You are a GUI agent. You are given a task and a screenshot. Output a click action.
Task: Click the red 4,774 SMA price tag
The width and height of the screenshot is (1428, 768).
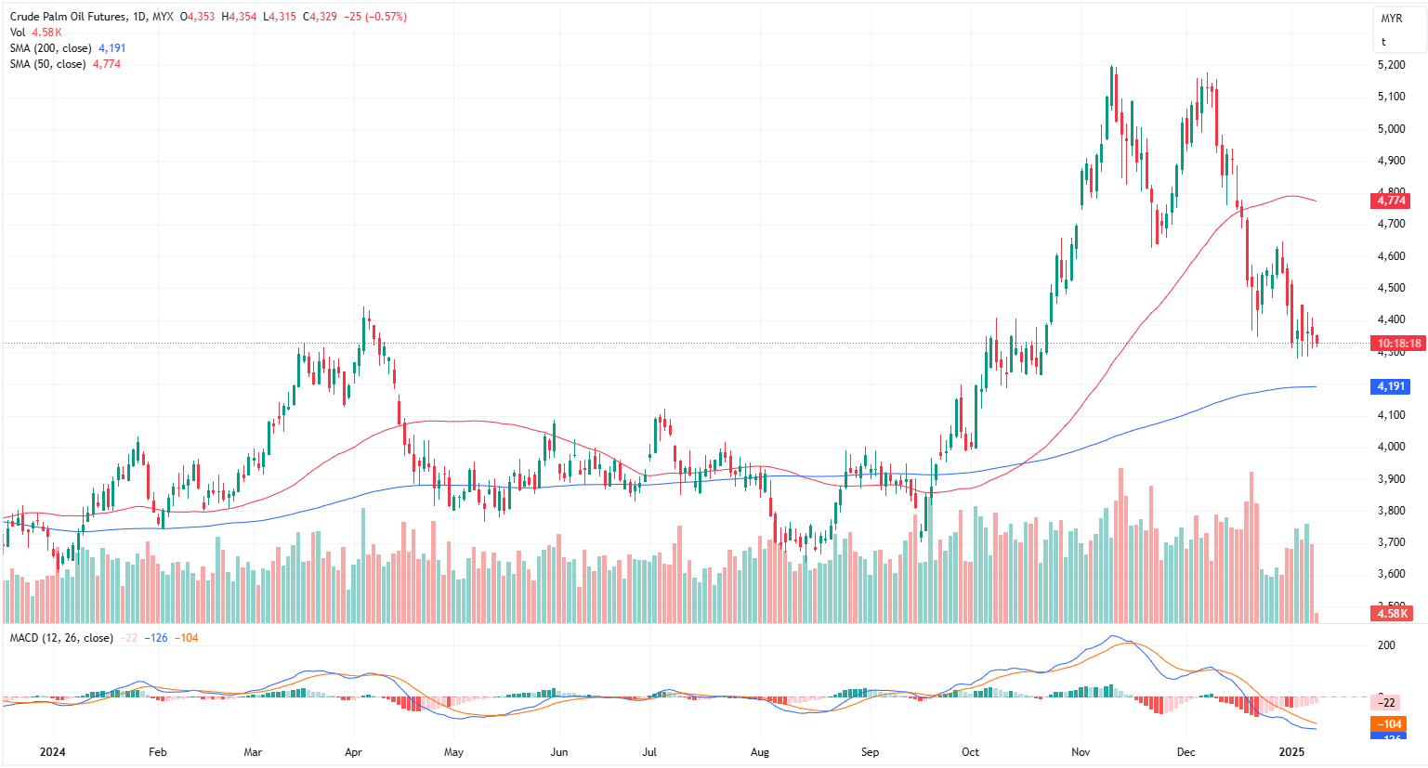click(x=1391, y=201)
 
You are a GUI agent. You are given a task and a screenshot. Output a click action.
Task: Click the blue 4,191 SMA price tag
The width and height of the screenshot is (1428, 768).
click(x=1391, y=386)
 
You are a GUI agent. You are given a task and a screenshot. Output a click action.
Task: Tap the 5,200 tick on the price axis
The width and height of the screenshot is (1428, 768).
click(x=1391, y=65)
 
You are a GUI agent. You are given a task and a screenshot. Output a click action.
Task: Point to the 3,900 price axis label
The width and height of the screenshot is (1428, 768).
click(x=1391, y=479)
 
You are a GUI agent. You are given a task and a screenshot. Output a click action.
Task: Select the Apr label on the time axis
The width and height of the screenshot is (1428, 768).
click(x=354, y=752)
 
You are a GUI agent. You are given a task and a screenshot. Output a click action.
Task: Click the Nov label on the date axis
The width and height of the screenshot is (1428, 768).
click(x=1081, y=752)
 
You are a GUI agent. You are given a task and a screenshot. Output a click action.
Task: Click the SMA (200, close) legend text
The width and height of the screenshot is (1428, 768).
click(x=51, y=48)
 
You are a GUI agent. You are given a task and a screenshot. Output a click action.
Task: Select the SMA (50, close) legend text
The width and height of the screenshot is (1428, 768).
click(x=48, y=64)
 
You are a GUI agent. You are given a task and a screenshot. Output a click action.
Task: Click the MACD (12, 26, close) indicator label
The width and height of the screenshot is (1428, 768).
click(x=61, y=638)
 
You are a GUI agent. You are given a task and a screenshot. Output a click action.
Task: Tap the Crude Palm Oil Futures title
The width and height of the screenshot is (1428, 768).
click(x=69, y=17)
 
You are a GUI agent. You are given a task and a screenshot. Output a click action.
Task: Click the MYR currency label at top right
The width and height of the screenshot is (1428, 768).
click(x=1391, y=19)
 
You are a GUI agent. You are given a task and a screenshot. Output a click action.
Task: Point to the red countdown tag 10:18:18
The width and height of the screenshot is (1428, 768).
click(x=1399, y=344)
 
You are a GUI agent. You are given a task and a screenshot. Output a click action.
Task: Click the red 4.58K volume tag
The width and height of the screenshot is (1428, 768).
click(x=1393, y=614)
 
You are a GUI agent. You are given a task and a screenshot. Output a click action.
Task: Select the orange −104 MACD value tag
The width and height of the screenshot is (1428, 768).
click(x=1389, y=724)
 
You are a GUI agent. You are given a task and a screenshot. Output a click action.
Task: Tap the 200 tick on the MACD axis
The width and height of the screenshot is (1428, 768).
click(x=1386, y=645)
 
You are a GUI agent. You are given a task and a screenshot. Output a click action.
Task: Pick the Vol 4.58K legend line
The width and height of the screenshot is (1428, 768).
click(x=36, y=33)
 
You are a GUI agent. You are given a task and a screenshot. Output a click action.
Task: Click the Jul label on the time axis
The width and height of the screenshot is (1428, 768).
click(x=649, y=752)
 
